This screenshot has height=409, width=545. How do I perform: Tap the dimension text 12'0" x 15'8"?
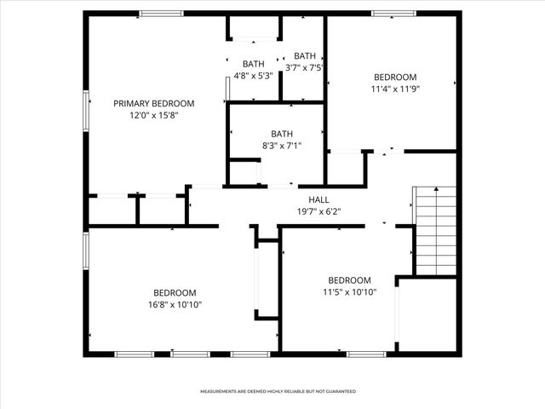click(154, 115)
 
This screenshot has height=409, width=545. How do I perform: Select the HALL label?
click(318, 199)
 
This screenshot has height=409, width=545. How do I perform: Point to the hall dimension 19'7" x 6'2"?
click(318, 211)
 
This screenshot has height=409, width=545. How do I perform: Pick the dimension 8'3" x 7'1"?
click(282, 147)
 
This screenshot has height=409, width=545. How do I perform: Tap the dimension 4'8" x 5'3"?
click(253, 76)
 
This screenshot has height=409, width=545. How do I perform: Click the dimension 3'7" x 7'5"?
click(304, 67)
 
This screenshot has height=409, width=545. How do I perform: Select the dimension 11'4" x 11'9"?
click(396, 88)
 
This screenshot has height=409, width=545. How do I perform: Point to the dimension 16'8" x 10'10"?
click(175, 304)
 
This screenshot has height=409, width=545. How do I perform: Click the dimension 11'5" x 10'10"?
click(350, 292)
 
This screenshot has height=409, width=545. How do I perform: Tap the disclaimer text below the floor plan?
click(278, 391)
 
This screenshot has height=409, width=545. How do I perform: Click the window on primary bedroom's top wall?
click(162, 13)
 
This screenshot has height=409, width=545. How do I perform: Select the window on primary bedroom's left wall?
click(85, 111)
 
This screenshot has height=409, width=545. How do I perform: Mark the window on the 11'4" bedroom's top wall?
click(393, 13)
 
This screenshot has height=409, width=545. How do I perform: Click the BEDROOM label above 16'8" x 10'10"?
click(175, 292)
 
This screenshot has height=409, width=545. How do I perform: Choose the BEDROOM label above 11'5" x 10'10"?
click(350, 280)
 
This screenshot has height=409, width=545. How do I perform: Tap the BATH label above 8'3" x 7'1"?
click(282, 134)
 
